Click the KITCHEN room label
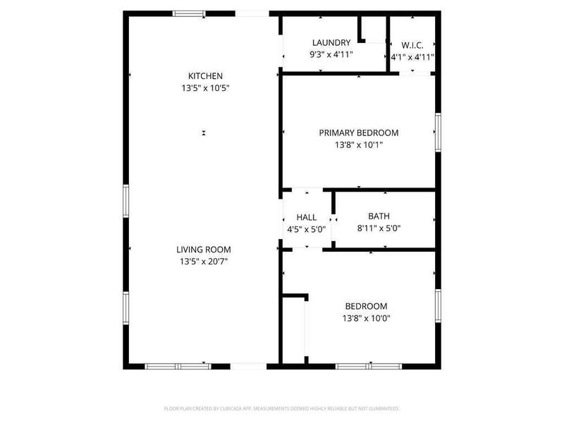(205, 76)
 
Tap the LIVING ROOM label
(204, 250)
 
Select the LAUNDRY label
(331, 43)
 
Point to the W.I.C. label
(412, 45)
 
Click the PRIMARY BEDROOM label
(358, 133)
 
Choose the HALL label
(307, 217)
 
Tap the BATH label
(379, 216)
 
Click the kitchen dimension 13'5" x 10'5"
(205, 88)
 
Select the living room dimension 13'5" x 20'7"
(204, 262)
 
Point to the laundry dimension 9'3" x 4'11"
(331, 54)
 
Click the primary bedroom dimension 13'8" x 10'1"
(358, 145)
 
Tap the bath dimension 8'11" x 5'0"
(379, 228)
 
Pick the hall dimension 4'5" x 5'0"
(307, 229)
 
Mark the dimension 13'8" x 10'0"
(366, 318)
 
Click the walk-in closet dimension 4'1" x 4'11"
(412, 57)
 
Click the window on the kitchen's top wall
(190, 13)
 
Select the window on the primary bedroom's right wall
(438, 133)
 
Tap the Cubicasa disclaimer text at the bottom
(282, 408)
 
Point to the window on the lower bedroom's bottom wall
(368, 366)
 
